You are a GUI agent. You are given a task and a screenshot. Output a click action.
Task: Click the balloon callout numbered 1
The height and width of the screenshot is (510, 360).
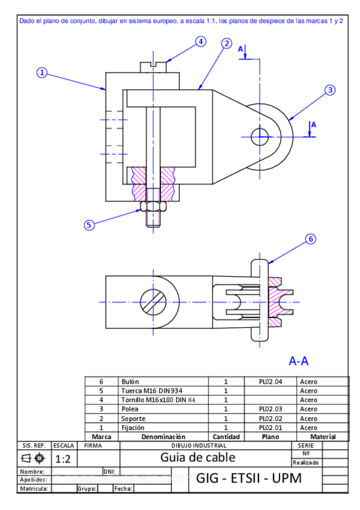[42, 73]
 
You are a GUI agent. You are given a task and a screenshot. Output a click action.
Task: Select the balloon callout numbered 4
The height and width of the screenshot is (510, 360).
[201, 41]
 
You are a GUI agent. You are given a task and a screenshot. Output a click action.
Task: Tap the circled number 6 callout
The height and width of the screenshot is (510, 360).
[311, 239]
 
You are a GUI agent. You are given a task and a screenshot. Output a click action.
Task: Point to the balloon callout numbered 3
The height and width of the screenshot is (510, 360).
[330, 90]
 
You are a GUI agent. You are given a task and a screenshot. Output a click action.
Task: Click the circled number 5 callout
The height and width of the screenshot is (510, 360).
[89, 225]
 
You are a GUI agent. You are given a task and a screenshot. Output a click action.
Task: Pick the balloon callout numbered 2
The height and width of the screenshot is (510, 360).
[227, 43]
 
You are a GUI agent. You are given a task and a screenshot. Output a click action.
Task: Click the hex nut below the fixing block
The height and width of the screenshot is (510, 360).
[153, 206]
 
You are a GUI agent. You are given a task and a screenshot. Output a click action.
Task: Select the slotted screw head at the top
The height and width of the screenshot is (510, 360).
[153, 67]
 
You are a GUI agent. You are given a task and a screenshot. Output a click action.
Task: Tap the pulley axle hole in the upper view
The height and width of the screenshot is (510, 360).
[260, 137]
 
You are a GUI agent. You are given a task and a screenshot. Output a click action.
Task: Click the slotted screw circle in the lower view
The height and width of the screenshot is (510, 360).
[153, 302]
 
